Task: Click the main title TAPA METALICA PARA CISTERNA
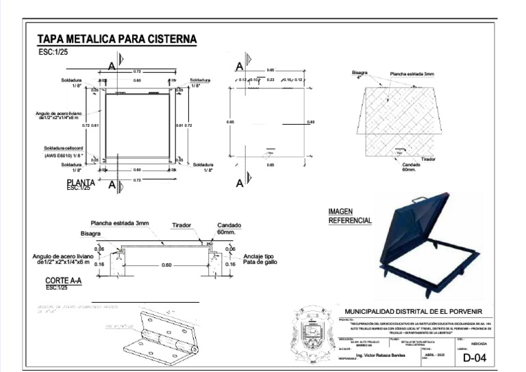[116, 39]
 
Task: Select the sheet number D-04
[475, 358]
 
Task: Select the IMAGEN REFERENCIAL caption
[350, 216]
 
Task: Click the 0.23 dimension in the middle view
[271, 80]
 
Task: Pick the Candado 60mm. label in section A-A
[229, 229]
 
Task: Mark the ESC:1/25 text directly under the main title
[54, 52]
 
